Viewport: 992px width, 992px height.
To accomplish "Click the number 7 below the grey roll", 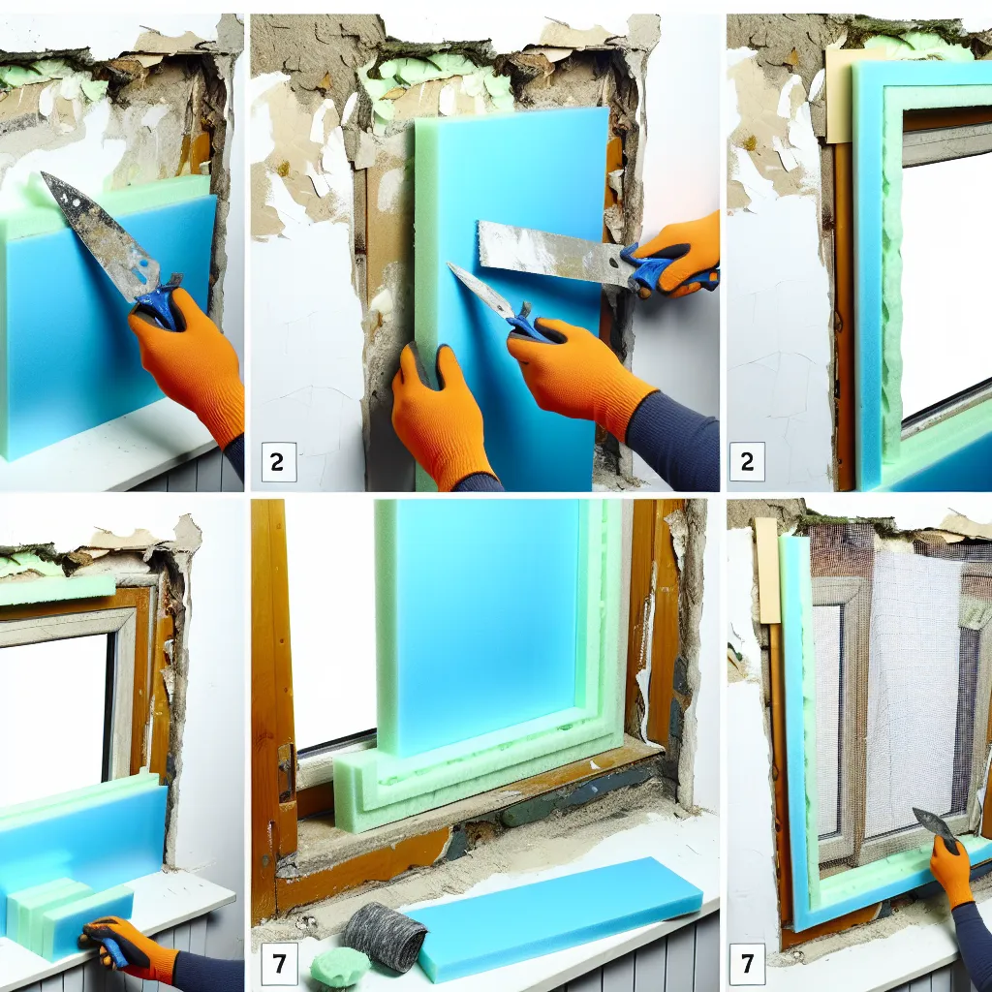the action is tap(278, 964).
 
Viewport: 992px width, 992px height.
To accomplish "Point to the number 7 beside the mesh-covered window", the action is tap(747, 964).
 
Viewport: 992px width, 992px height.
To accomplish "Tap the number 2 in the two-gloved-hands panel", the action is tap(278, 462).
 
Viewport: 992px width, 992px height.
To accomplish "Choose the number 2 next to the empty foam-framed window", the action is tap(747, 462).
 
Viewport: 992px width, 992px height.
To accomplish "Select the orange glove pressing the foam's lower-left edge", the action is tap(441, 415).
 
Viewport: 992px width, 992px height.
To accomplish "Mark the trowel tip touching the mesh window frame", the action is tap(916, 812).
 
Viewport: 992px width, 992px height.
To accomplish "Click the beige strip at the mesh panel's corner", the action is tap(767, 570).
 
